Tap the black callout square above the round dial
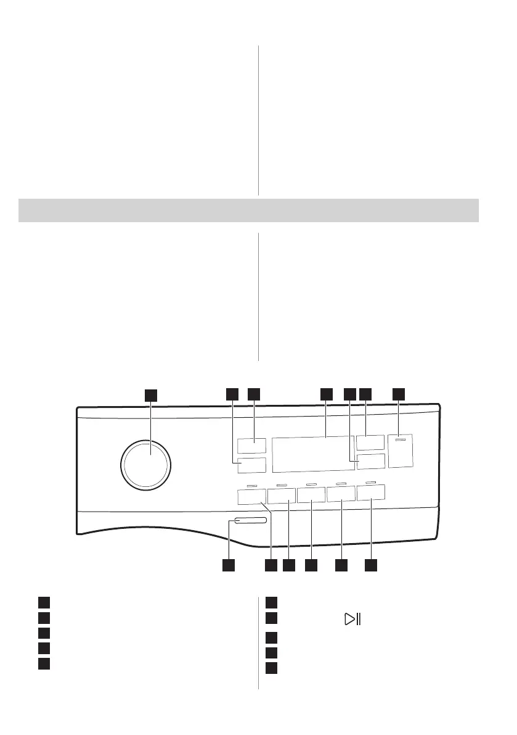151,395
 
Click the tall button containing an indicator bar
401,451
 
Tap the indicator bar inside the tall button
401,441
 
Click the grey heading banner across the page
249,210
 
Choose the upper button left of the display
250,446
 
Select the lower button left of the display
250,465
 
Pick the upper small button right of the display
370,442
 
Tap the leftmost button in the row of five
251,496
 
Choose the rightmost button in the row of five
370,492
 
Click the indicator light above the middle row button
311,484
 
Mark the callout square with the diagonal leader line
271,565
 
